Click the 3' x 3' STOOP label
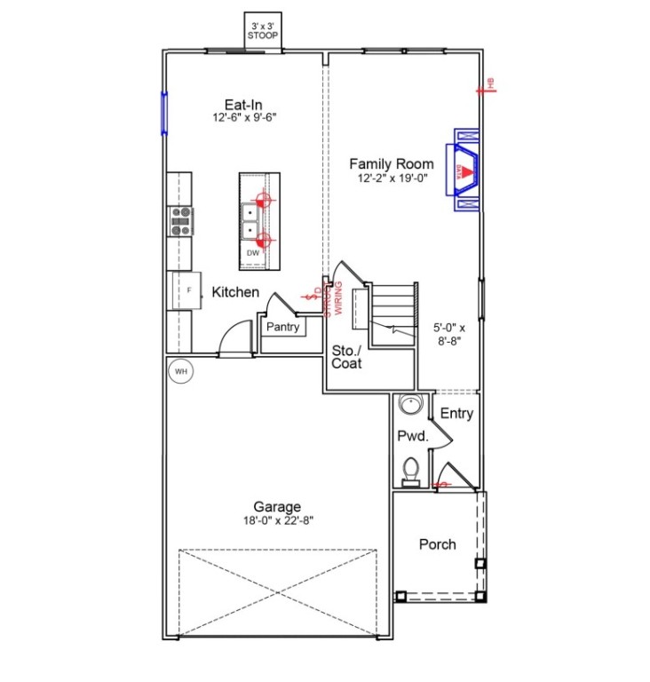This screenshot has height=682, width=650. click(x=262, y=30)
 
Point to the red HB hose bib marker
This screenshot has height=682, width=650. click(x=487, y=86)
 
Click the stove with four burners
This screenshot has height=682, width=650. click(x=180, y=220)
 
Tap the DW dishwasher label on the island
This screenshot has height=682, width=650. click(x=253, y=253)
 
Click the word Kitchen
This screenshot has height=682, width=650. click(x=235, y=292)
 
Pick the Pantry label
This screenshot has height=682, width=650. click(x=282, y=328)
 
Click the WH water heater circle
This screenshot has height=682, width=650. click(x=180, y=370)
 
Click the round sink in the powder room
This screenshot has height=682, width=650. click(x=411, y=405)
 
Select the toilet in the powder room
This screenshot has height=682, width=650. click(x=410, y=469)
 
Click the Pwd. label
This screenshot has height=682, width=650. click(x=413, y=436)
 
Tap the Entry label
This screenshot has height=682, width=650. click(x=456, y=414)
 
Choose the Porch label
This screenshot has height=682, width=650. click(x=438, y=544)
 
